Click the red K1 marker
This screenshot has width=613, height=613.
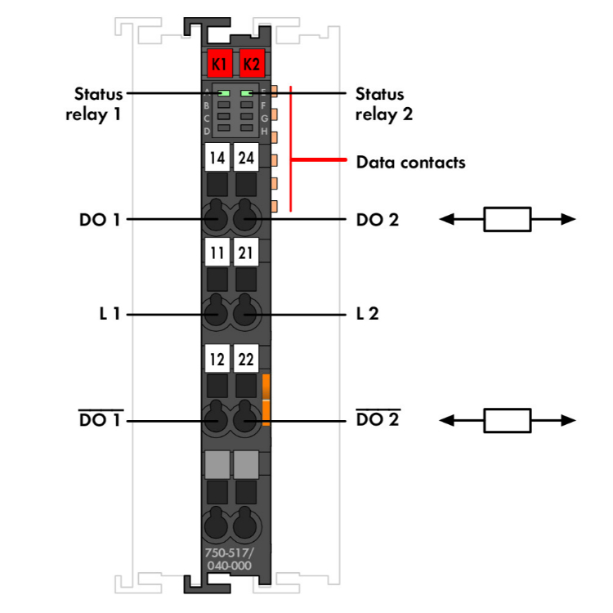click(x=218, y=62)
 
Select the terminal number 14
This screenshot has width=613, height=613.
click(x=217, y=157)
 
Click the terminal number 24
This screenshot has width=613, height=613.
click(x=246, y=157)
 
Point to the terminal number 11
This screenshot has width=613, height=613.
click(x=217, y=253)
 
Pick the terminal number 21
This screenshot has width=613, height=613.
click(x=246, y=253)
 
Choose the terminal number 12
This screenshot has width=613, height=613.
click(x=217, y=359)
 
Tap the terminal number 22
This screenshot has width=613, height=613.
click(x=246, y=359)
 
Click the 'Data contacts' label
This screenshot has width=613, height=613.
click(x=410, y=162)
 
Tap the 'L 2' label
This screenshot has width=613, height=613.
click(x=368, y=313)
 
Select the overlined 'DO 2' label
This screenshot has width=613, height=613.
click(x=377, y=420)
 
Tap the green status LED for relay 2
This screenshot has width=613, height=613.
click(x=246, y=93)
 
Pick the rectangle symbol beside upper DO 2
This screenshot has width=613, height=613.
click(x=508, y=219)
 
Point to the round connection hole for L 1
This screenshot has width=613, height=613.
click(x=216, y=313)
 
